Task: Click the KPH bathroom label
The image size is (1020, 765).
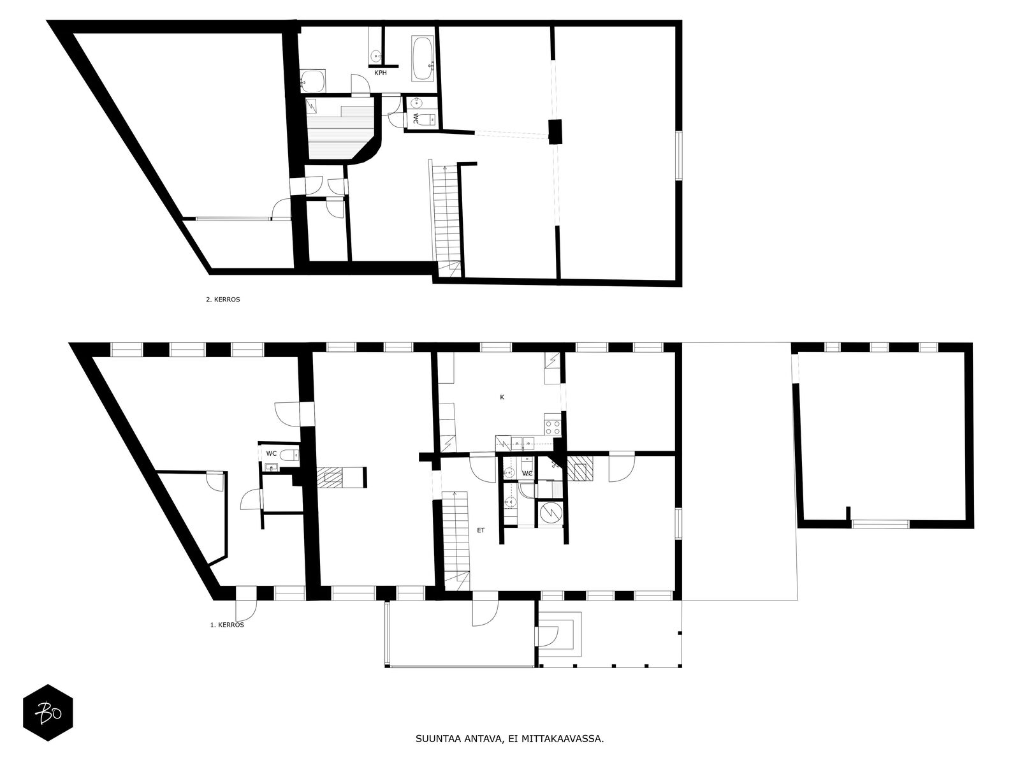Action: (x=380, y=73)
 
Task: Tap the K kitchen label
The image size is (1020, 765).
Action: (x=502, y=397)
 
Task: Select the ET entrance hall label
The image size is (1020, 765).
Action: (x=481, y=530)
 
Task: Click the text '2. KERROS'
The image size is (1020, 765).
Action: (x=223, y=300)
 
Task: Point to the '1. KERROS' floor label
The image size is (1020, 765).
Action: (x=227, y=625)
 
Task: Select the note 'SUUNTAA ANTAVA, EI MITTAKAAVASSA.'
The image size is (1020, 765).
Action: (x=510, y=739)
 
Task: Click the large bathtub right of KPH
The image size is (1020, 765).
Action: (x=423, y=59)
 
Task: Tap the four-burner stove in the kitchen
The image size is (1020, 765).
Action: (x=553, y=427)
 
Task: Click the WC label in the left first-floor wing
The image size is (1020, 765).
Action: (x=272, y=453)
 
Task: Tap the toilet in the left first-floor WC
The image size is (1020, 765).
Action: (x=289, y=455)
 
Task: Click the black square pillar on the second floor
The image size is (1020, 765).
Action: (x=555, y=131)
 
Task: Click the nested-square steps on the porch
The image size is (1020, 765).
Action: (x=560, y=634)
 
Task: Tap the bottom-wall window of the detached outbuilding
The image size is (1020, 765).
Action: (x=880, y=524)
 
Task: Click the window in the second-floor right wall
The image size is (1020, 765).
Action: (x=678, y=155)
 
